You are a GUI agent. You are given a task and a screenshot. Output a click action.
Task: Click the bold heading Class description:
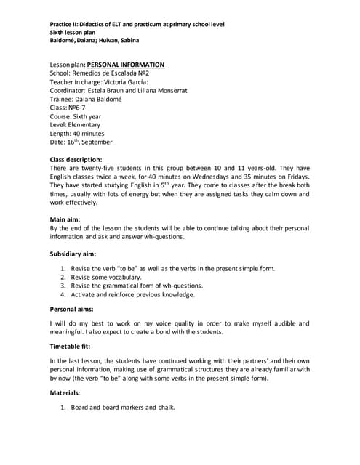click(x=76, y=158)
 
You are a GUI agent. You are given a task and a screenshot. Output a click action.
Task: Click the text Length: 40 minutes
click(x=77, y=134)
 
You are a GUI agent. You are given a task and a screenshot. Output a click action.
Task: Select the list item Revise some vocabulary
click(x=106, y=278)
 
